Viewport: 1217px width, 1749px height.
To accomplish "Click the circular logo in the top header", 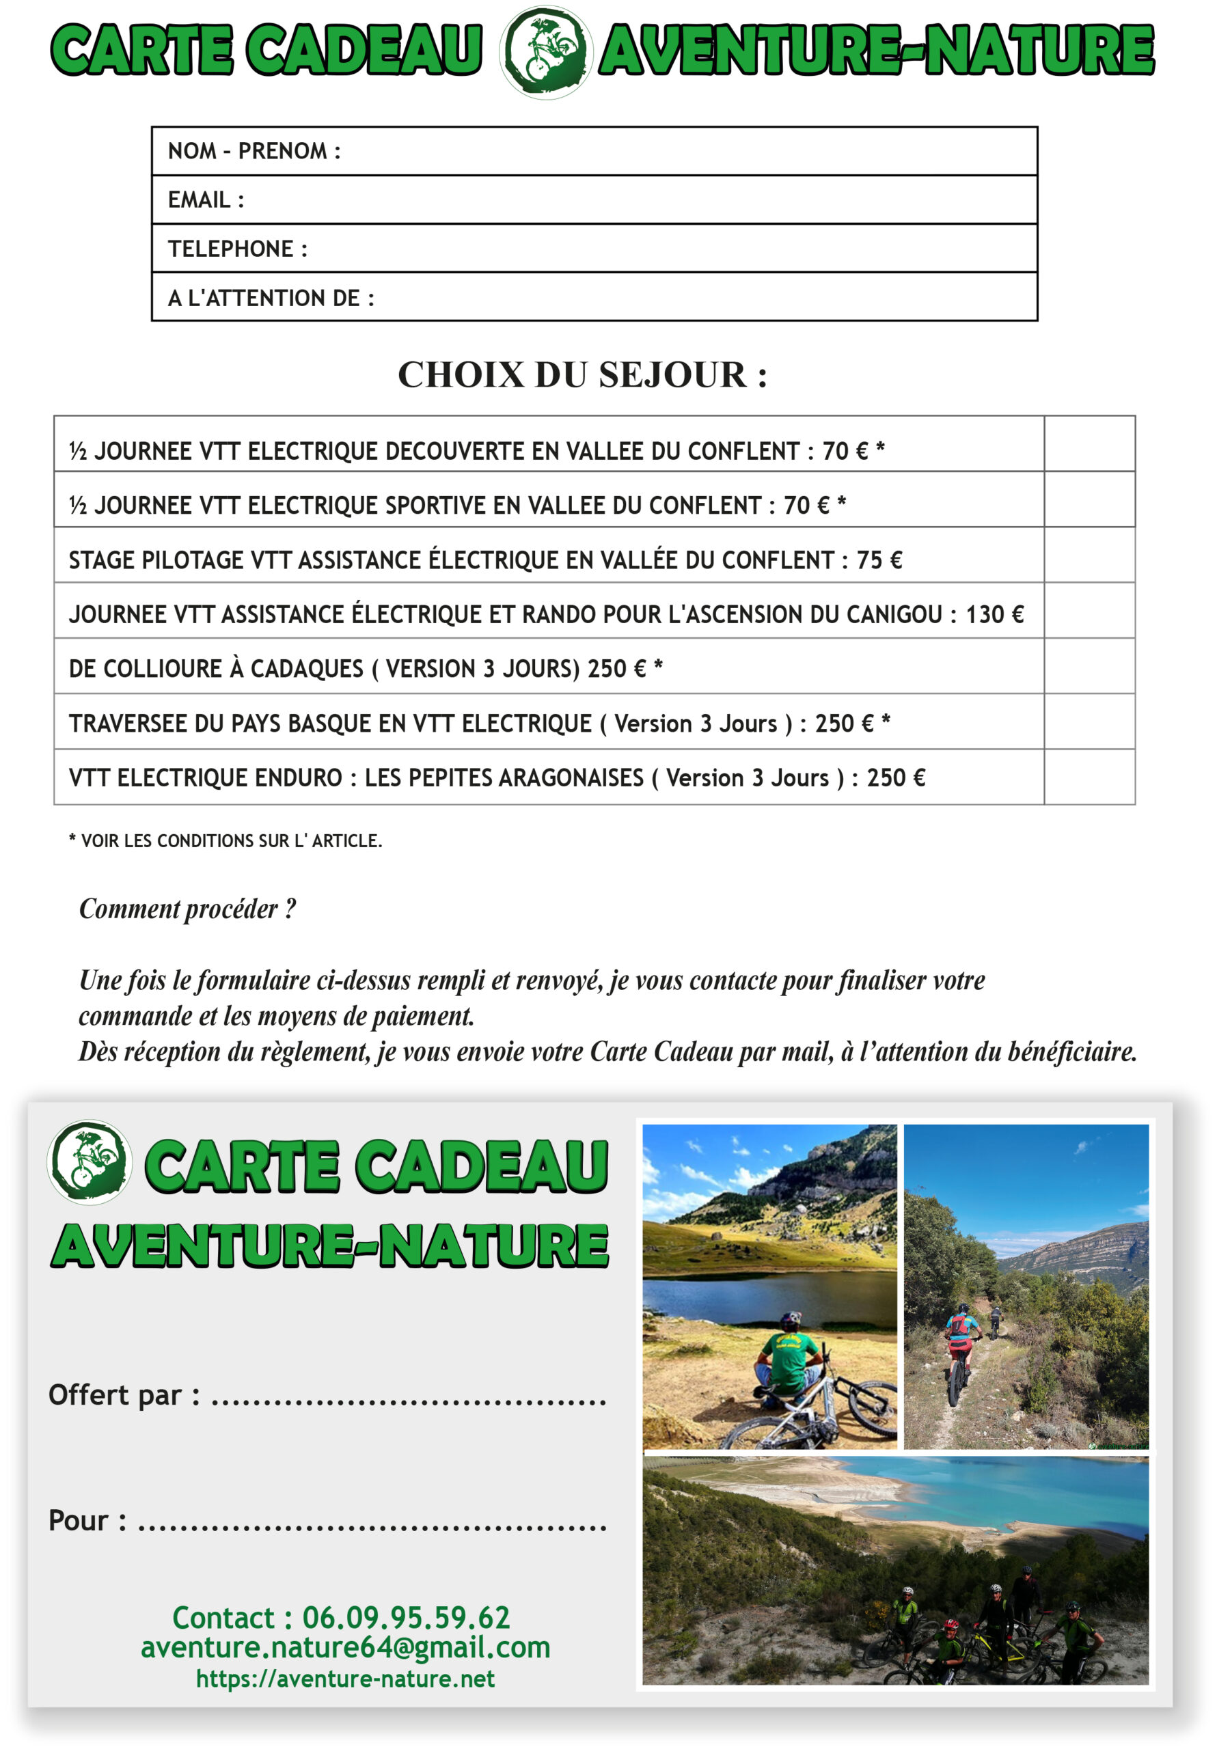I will tap(545, 52).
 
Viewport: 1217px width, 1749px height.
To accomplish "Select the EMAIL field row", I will tap(594, 199).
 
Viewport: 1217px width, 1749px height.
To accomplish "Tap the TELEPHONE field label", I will tap(237, 248).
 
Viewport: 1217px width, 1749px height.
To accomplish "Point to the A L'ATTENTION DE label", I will tap(271, 298).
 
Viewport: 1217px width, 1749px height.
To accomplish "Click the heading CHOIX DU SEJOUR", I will tap(582, 375).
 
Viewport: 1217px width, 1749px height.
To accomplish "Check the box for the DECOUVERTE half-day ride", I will tap(1089, 444).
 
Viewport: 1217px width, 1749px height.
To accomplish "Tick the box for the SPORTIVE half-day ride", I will tap(1089, 499).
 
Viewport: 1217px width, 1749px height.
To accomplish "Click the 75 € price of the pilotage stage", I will tap(879, 560).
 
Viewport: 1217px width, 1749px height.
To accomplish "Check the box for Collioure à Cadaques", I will tap(1089, 665).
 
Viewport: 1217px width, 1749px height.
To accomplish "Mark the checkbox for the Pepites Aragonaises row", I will tap(1089, 777).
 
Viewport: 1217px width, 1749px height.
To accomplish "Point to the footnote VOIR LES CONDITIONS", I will tap(225, 841).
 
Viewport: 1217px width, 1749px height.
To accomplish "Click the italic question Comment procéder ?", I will tap(187, 909).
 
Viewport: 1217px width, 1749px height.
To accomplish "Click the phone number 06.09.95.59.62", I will tap(405, 1617).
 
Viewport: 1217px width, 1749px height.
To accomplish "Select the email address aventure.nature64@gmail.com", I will tap(345, 1648).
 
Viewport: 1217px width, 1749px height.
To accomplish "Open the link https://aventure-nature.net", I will tap(345, 1679).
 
